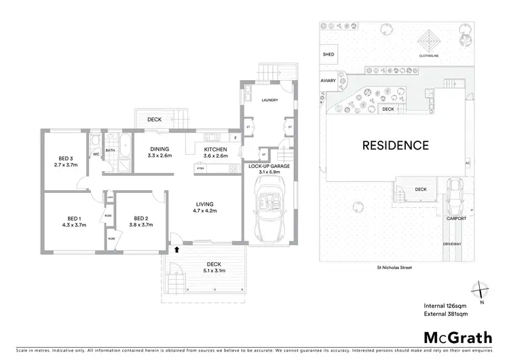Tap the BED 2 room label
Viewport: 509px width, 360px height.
(140, 219)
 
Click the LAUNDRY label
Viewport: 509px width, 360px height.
(270, 100)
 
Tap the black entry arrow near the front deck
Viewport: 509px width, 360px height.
(177, 250)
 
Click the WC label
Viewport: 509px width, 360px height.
(96, 154)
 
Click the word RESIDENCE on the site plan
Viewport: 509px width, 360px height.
(395, 145)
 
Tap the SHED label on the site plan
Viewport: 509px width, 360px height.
(328, 54)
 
